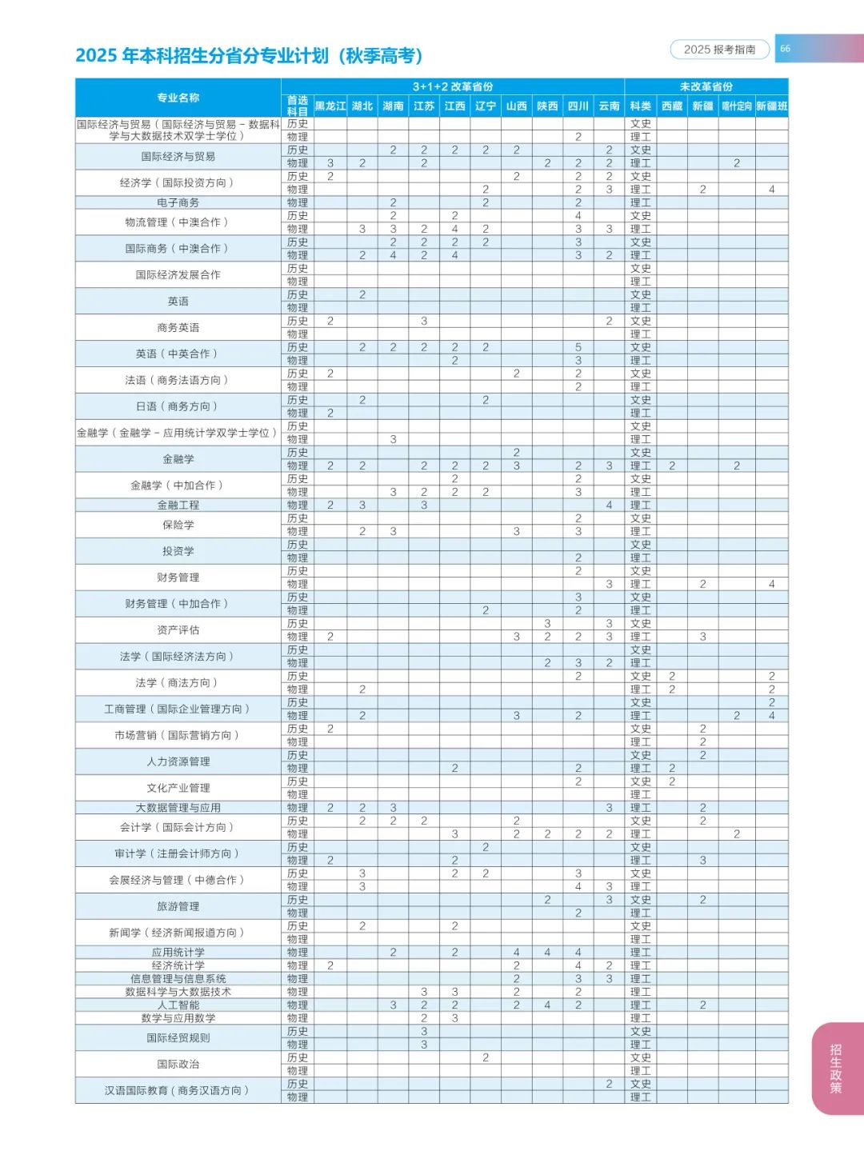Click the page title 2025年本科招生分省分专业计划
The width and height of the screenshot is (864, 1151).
tap(249, 55)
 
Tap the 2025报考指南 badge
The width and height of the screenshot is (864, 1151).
tap(719, 50)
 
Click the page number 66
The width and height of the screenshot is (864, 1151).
tap(785, 49)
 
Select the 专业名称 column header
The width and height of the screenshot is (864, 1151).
tap(178, 98)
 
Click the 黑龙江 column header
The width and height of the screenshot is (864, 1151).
tap(330, 106)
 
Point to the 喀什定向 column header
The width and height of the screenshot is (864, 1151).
tap(736, 106)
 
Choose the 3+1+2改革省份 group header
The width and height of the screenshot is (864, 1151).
tap(452, 86)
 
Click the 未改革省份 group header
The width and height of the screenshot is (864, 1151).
tap(706, 86)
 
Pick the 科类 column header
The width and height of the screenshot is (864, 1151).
tap(640, 106)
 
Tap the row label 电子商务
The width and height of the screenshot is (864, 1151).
tap(178, 202)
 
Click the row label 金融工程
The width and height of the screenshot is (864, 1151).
tap(178, 505)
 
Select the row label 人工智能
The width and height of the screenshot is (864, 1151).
tap(178, 1005)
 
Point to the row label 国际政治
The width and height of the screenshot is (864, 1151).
tap(178, 1064)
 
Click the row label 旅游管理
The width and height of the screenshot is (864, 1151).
tap(178, 906)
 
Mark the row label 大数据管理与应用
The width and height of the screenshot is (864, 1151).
tap(178, 808)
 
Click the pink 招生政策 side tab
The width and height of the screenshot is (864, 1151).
tap(836, 1068)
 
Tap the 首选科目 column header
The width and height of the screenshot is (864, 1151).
tap(297, 106)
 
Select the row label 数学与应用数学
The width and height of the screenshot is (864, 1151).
tap(178, 1018)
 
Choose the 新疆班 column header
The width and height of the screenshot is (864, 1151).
tap(771, 106)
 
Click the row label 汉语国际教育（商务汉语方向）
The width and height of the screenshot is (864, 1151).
tap(178, 1090)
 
